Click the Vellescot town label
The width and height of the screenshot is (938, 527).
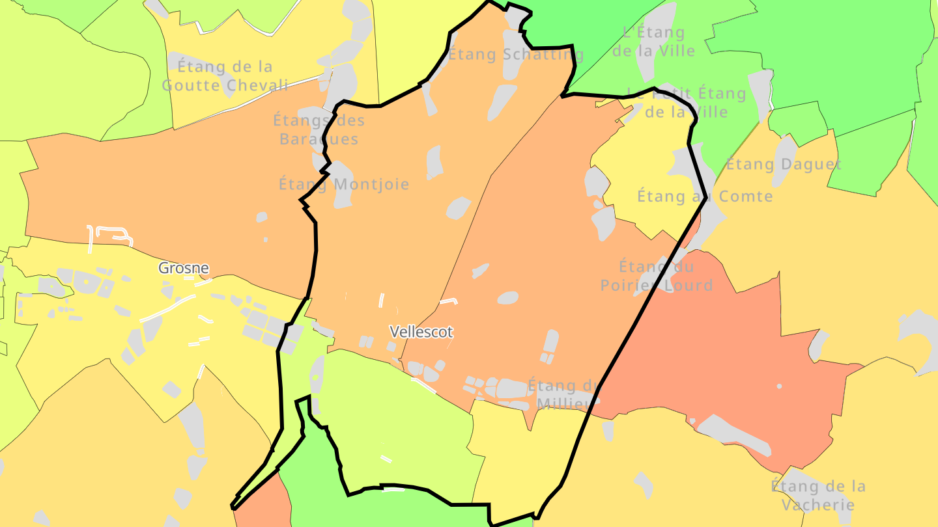tap(421, 331)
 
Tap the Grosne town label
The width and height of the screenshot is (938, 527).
tap(184, 267)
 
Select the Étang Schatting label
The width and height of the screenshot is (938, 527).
tap(517, 55)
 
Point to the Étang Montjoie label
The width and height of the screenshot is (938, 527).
tap(344, 184)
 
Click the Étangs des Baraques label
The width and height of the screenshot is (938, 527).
tap(319, 129)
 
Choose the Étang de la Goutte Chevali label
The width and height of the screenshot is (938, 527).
tap(225, 75)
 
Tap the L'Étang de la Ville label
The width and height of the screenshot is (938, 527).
tap(653, 41)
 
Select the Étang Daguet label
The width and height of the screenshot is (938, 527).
tap(784, 164)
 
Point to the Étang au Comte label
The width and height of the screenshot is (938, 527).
tap(705, 196)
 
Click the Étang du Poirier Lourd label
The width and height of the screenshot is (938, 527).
tap(656, 275)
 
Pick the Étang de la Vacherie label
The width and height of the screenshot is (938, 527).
tap(818, 495)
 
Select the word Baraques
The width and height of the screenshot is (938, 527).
tap(319, 139)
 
